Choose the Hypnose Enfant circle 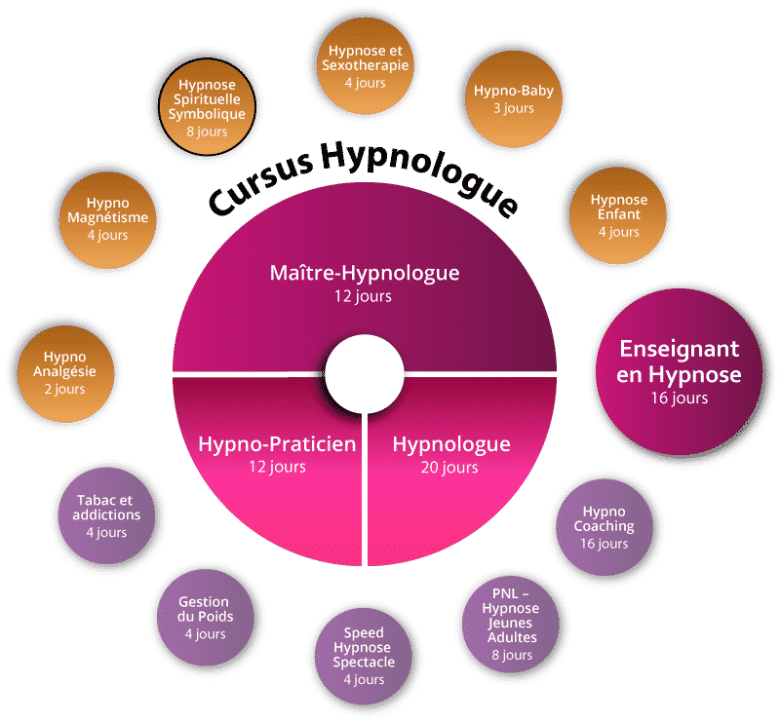click(618, 214)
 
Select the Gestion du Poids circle click(204, 617)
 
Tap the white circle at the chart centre click(364, 375)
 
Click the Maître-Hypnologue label click(364, 273)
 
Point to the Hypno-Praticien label click(277, 444)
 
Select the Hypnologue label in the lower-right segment click(450, 444)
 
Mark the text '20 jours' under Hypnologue click(450, 468)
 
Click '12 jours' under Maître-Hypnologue click(364, 295)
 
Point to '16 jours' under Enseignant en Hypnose click(680, 398)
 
